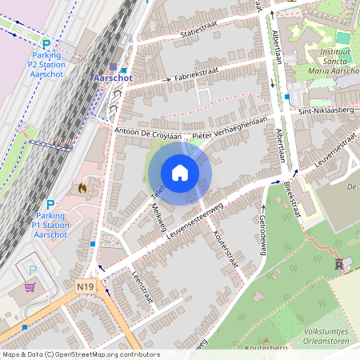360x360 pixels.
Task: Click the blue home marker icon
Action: [180, 173]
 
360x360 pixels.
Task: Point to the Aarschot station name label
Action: [114, 78]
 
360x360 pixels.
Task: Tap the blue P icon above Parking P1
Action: [50, 206]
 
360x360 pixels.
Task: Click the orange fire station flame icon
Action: [82, 187]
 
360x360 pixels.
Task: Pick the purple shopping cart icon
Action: [30, 287]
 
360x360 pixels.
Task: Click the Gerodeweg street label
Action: [262, 235]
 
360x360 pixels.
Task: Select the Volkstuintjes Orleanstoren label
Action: [326, 335]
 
